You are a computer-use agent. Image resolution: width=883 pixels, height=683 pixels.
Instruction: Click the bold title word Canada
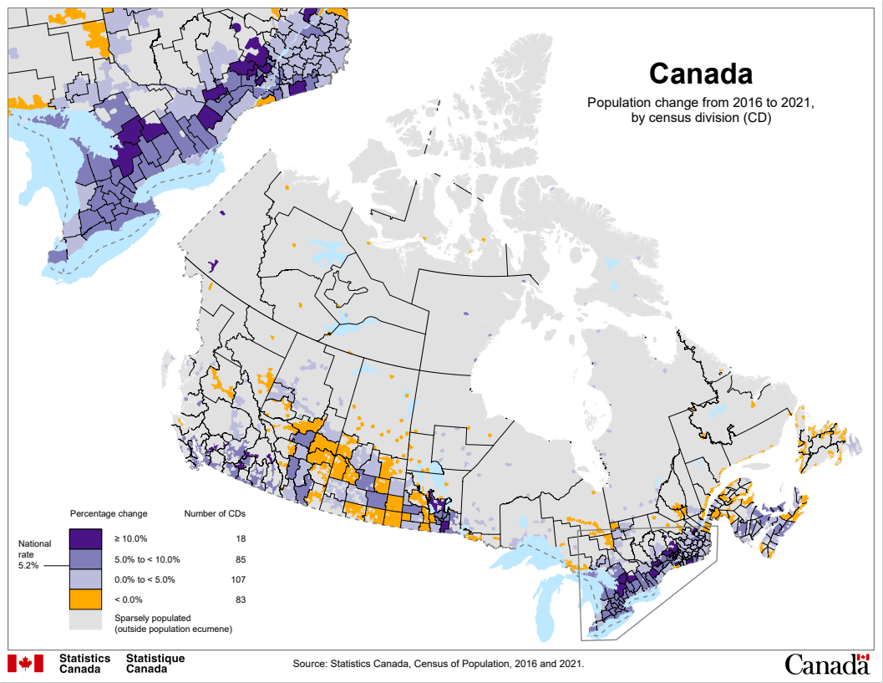click(700, 74)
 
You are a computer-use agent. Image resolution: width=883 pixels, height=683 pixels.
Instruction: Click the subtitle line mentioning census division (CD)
click(700, 118)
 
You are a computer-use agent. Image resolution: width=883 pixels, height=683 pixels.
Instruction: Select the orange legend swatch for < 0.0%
click(84, 599)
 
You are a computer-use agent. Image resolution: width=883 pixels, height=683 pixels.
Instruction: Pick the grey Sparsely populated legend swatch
click(84, 620)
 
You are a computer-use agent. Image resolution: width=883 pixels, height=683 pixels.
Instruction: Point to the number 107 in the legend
click(238, 579)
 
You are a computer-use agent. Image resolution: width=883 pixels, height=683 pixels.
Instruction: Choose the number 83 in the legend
click(241, 599)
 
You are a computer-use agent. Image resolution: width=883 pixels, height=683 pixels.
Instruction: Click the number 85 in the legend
click(241, 559)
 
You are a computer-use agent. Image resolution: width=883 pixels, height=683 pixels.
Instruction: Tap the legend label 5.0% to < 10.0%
click(147, 559)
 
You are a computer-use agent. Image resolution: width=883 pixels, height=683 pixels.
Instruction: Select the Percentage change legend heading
click(109, 512)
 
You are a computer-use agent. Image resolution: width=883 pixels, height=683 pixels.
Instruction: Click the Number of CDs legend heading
click(215, 512)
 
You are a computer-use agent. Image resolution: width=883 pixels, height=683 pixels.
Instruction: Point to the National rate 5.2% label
click(35, 554)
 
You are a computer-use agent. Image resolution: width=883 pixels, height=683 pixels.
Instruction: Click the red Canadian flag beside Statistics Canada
click(25, 663)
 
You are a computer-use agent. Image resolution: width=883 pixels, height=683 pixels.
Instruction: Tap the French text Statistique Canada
click(155, 664)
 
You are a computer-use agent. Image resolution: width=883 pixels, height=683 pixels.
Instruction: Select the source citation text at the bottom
click(439, 664)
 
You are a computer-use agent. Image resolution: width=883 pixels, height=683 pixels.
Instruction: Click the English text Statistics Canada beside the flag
click(84, 664)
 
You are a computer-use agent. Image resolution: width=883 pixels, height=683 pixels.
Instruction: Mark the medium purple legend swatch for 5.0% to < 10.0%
click(84, 558)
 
